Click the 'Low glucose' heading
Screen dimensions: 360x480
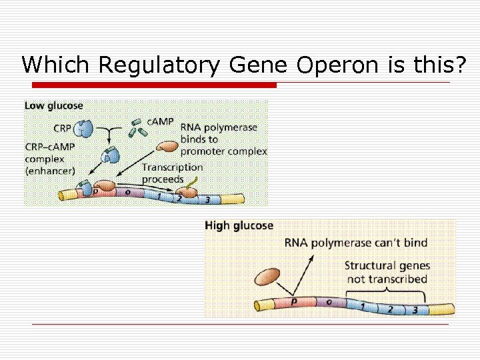pyautogui.click(x=54, y=105)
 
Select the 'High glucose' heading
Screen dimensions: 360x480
pyautogui.click(x=239, y=225)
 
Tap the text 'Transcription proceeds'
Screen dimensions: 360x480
pyautogui.click(x=172, y=173)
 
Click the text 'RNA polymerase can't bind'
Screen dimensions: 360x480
pyautogui.click(x=356, y=243)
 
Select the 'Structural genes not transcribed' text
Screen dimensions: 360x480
pyautogui.click(x=387, y=272)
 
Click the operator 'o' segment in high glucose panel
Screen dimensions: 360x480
pyautogui.click(x=329, y=302)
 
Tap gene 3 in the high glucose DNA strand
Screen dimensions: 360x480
pyautogui.click(x=415, y=309)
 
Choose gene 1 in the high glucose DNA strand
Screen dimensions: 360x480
pyautogui.click(x=362, y=305)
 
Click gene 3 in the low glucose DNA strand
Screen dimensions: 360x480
pyautogui.click(x=207, y=199)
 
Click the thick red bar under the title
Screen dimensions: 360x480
pyautogui.click(x=154, y=85)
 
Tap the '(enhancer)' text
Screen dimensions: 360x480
pyautogui.click(x=51, y=171)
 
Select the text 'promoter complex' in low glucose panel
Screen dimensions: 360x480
pyautogui.click(x=224, y=151)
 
